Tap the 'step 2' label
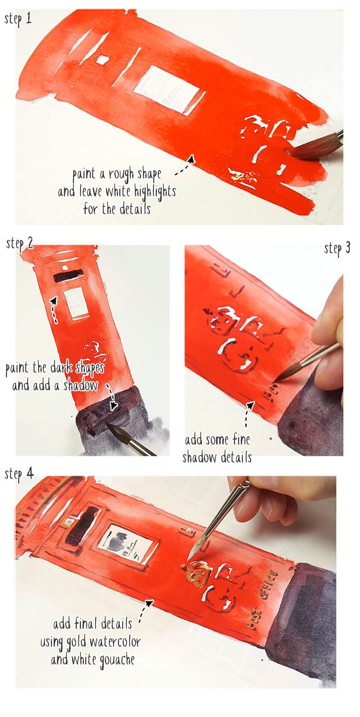[x=20, y=243]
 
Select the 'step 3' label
[x=337, y=248]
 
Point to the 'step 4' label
[x=19, y=474]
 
